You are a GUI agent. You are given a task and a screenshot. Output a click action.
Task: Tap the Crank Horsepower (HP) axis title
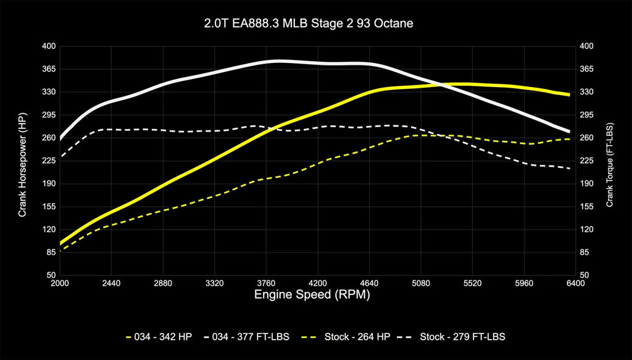click(22, 160)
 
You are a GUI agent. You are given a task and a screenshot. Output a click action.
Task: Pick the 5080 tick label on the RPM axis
click(420, 283)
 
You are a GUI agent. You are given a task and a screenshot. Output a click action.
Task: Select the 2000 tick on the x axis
click(60, 283)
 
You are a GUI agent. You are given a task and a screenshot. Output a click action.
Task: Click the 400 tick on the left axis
click(49, 46)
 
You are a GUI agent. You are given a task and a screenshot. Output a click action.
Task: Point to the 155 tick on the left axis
click(49, 207)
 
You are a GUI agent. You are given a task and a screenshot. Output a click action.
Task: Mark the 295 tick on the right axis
click(586, 115)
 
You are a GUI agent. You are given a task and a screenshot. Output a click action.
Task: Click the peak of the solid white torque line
click(279, 61)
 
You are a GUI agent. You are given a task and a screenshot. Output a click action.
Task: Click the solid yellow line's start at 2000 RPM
click(60, 244)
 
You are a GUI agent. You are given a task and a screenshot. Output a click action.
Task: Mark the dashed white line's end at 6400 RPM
click(569, 169)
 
